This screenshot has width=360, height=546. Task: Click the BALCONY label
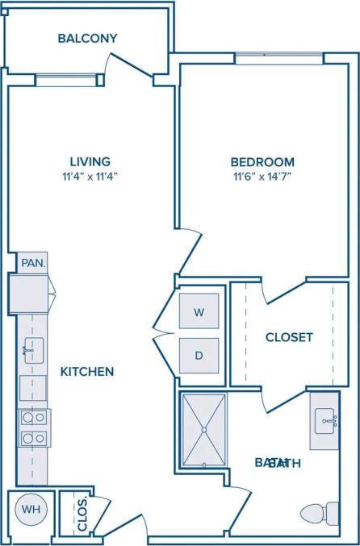pos(88,38)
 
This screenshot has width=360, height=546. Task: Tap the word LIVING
pos(90,161)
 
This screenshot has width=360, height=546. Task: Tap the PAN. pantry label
pos(32,263)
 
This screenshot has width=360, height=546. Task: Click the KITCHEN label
pos(87,372)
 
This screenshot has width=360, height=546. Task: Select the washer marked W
pos(198,311)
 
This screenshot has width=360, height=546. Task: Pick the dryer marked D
pos(198,355)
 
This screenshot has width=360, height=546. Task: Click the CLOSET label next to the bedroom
pos(289,337)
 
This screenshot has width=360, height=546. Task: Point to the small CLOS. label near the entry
pos(82,514)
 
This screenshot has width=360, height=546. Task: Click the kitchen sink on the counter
pos(31,348)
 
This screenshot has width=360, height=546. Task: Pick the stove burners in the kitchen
pos(33,428)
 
